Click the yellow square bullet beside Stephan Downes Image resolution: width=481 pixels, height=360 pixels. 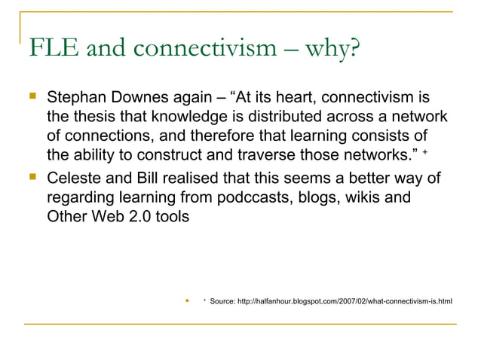[x=31, y=99]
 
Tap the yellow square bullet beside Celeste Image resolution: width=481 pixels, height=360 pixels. [x=31, y=178]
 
